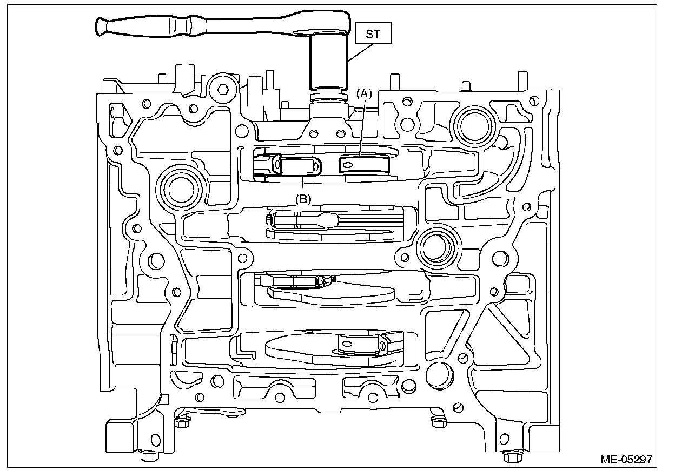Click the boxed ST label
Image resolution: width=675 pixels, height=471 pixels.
coord(373,34)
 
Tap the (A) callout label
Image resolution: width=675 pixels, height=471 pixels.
coord(363,93)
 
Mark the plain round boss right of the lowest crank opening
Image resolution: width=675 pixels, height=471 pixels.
coord(439,372)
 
